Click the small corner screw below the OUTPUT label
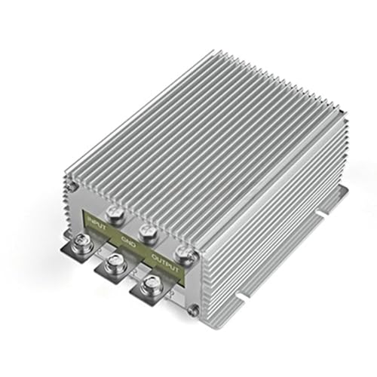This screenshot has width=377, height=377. point(194,308)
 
